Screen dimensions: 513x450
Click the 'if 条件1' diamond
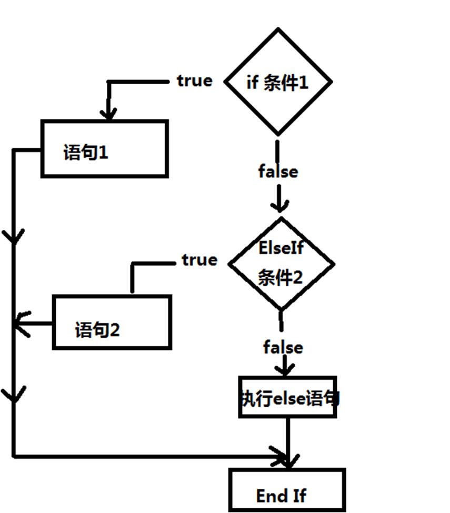[278, 82]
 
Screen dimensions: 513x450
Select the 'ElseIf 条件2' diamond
[281, 264]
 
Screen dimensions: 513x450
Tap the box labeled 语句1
[104, 149]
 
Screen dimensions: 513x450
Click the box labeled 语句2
[112, 322]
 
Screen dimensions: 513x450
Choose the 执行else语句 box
[287, 397]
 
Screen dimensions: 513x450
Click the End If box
[287, 490]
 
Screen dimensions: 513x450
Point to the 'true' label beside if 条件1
[195, 81]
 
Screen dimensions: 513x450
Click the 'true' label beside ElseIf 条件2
[199, 260]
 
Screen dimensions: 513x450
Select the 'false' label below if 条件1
[278, 172]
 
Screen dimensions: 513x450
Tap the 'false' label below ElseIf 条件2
[283, 347]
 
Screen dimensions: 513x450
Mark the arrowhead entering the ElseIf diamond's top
[279, 206]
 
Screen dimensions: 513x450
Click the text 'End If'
[281, 496]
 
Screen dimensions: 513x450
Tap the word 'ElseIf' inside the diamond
[281, 248]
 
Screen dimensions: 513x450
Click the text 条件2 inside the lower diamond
[280, 277]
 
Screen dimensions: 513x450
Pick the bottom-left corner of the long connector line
[14, 456]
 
